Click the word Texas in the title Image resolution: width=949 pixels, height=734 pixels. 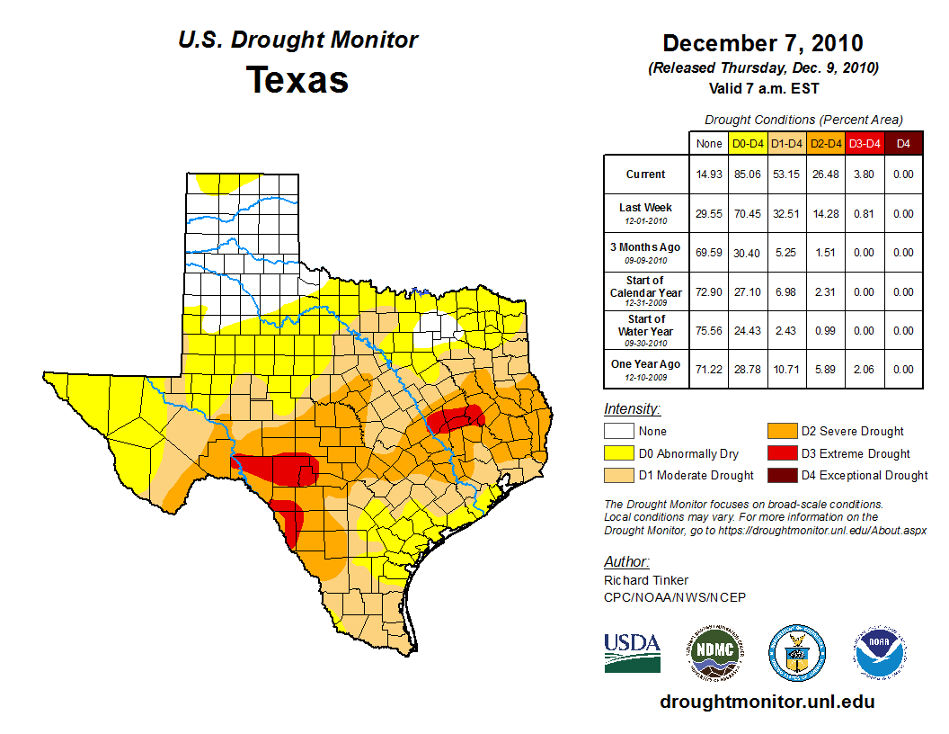pyautogui.click(x=297, y=80)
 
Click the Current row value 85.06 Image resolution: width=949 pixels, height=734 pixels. pyautogui.click(x=748, y=175)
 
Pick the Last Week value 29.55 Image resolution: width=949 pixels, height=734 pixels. pyautogui.click(x=709, y=214)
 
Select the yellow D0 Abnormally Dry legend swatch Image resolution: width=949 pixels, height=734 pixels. pyautogui.click(x=617, y=453)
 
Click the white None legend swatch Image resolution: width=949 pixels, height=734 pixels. pyautogui.click(x=617, y=431)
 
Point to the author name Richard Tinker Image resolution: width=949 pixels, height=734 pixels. pyautogui.click(x=646, y=580)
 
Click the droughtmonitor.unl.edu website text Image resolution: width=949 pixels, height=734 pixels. pyautogui.click(x=767, y=702)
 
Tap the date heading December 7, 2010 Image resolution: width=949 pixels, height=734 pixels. pyautogui.click(x=762, y=43)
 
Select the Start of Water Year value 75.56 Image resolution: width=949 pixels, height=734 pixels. pyautogui.click(x=709, y=330)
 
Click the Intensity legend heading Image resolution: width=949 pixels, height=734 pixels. pyautogui.click(x=632, y=408)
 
